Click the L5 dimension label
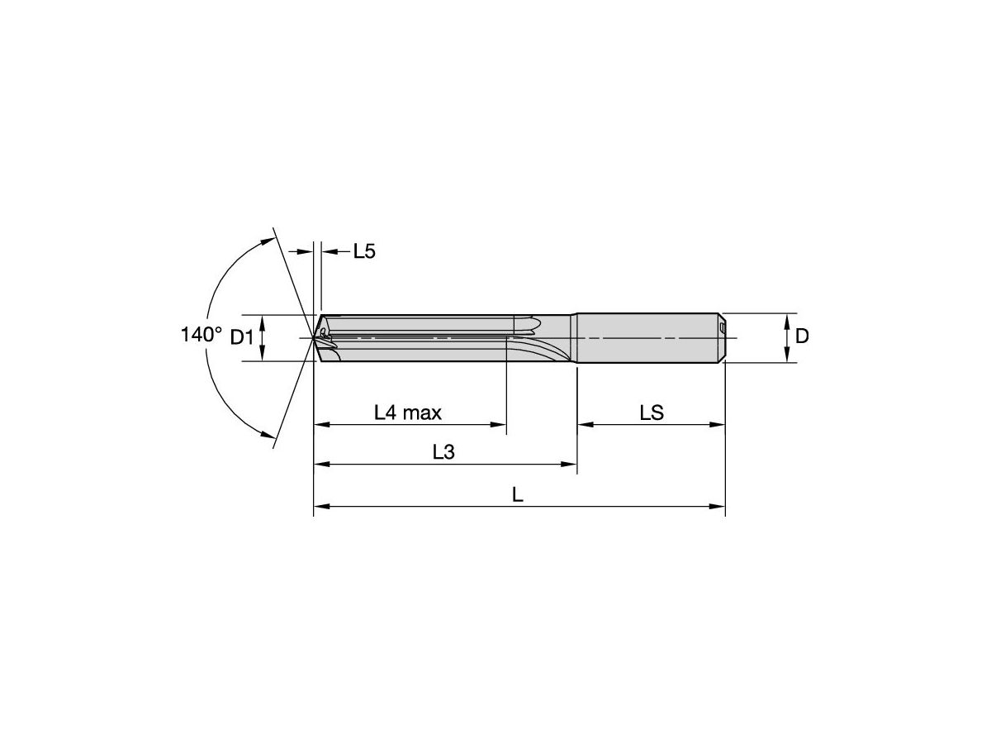tap(364, 251)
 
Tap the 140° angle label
tap(202, 335)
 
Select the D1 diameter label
tap(241, 337)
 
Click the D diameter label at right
tap(801, 336)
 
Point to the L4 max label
tap(408, 412)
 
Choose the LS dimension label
tap(652, 412)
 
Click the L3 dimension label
tap(444, 452)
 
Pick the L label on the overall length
tap(518, 494)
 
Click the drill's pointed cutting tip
tap(315, 337)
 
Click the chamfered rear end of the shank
tap(721, 337)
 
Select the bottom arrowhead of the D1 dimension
tap(263, 355)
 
